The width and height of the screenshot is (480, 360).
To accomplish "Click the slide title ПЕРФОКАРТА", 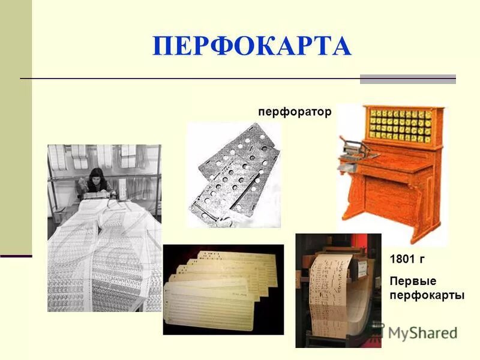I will (x=251, y=46).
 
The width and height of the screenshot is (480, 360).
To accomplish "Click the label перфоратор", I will (x=294, y=112).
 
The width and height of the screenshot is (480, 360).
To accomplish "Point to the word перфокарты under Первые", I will (x=427, y=295).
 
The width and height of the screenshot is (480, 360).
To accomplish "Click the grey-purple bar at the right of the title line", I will (x=407, y=79).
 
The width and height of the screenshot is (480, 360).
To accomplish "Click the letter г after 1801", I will (x=422, y=260).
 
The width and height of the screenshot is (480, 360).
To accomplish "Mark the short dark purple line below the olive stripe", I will (x=16, y=256).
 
